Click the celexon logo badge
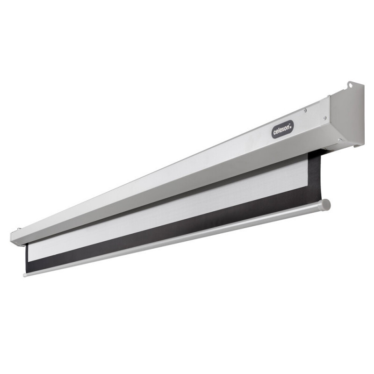(283, 129)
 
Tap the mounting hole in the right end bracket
(350, 85)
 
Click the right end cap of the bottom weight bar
(326, 205)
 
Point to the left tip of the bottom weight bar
(24, 275)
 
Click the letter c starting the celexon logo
(274, 132)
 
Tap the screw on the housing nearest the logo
(305, 110)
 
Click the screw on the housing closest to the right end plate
(324, 118)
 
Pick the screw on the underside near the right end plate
(340, 140)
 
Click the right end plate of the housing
(347, 115)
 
